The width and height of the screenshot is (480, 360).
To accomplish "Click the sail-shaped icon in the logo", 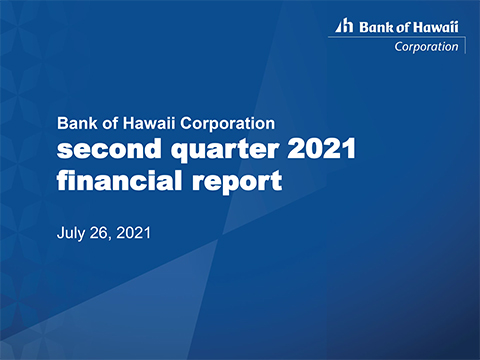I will point(341,27).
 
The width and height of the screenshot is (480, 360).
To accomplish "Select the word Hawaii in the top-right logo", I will point(436,27).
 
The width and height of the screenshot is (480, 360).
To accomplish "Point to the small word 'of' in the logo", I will point(400,27).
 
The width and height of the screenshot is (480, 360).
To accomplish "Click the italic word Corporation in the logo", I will point(427,45).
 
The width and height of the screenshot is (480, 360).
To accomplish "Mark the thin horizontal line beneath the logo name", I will point(395,37).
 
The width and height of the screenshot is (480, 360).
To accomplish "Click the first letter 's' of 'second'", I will point(65,155).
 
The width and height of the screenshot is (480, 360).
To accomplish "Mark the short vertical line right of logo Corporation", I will point(463,45).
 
